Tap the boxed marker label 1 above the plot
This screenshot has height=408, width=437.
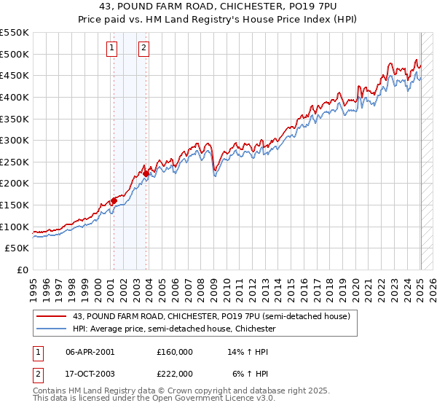pos(112,49)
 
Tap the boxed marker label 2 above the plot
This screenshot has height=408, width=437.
pos(144,49)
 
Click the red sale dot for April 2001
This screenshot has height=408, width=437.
pos(114,201)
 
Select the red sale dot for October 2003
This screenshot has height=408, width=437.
pos(146,173)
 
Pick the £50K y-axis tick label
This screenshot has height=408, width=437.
pos(17,248)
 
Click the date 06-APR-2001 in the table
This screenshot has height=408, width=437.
pos(90,351)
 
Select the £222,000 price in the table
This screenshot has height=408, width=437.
pos(175,373)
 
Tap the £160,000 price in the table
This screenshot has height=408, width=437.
pos(175,351)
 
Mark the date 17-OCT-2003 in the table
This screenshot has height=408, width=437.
pos(90,373)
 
